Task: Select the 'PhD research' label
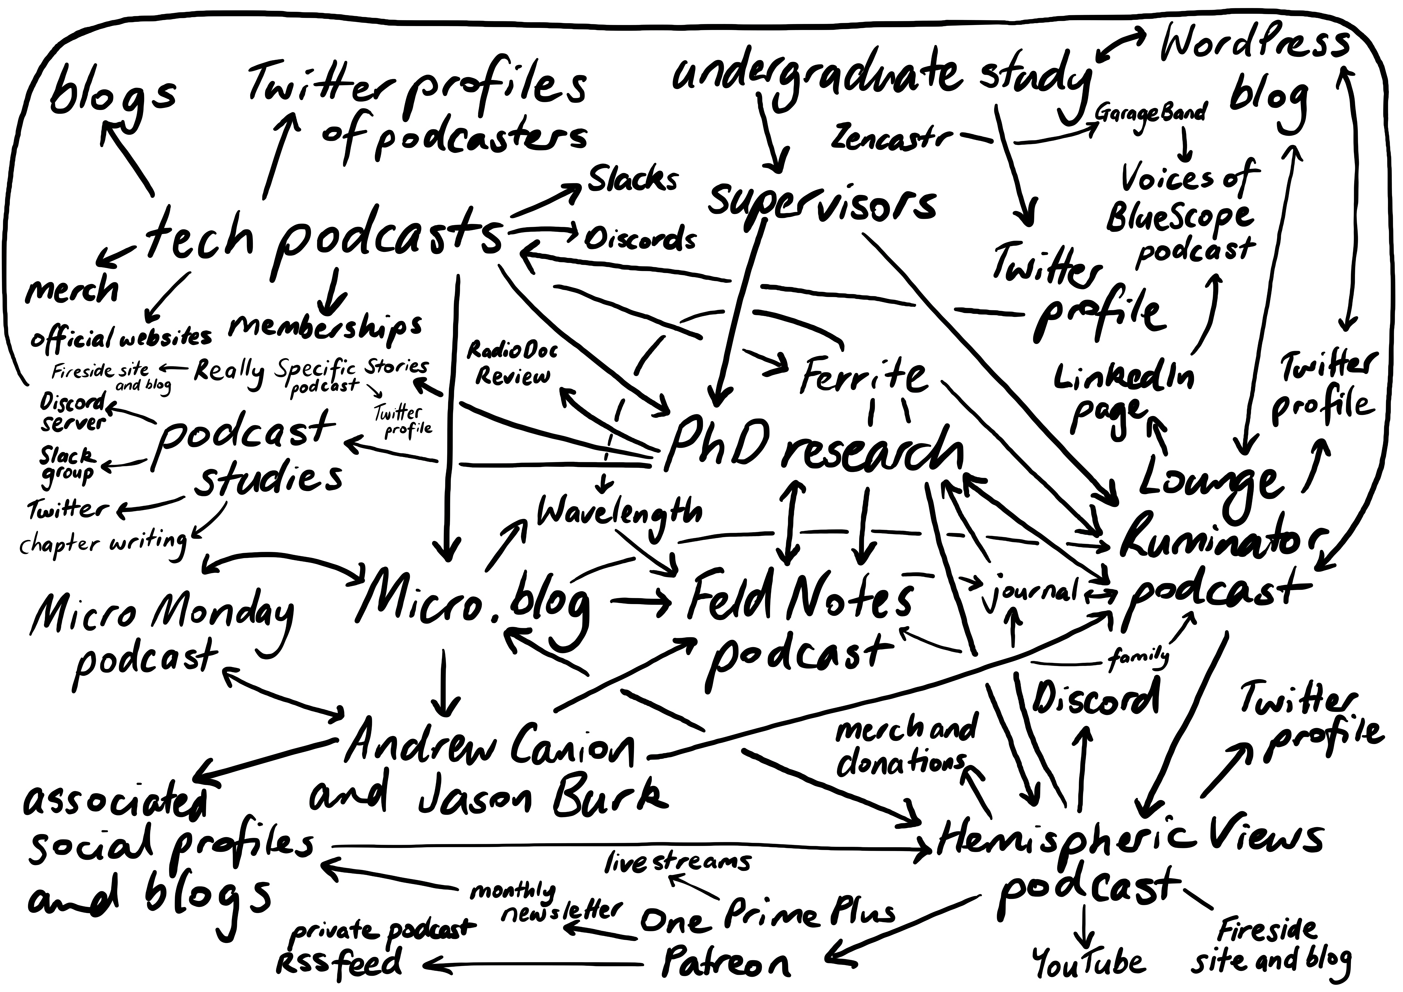[x=813, y=449]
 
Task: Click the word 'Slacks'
[x=632, y=179]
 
